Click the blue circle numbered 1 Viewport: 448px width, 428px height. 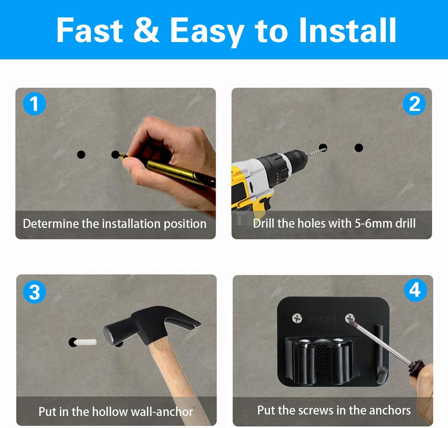click(x=34, y=104)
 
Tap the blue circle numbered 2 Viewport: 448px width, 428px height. click(x=414, y=104)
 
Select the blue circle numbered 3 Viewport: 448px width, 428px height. click(x=34, y=292)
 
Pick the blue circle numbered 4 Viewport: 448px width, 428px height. click(x=415, y=290)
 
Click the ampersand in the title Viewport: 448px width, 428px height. click(x=146, y=30)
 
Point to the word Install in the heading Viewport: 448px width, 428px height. click(x=348, y=30)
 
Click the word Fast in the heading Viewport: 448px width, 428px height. click(x=90, y=30)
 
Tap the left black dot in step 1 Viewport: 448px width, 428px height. click(x=81, y=155)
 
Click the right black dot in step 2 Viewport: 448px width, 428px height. click(x=359, y=148)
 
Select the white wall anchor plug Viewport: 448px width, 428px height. click(x=85, y=342)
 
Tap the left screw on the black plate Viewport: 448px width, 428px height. click(x=297, y=318)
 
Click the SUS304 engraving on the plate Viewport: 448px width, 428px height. click(x=323, y=319)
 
